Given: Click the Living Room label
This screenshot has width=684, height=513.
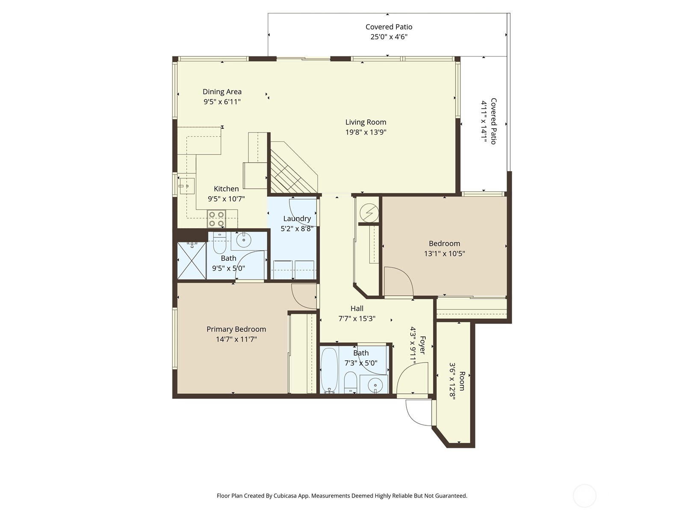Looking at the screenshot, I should (366, 122).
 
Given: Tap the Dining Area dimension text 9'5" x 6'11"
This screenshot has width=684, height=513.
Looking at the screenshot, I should (222, 102).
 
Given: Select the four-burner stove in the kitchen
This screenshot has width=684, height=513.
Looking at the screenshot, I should (216, 219).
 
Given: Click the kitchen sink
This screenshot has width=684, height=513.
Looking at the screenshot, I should (186, 186).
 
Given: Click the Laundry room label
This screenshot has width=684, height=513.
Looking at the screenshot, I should (297, 218).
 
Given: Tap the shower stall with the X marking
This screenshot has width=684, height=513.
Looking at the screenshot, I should (192, 260).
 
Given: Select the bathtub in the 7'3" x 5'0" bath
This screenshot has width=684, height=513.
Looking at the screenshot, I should (329, 370).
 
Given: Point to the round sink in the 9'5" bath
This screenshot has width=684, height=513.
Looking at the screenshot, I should (244, 240).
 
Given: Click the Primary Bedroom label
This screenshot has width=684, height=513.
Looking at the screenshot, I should (236, 329).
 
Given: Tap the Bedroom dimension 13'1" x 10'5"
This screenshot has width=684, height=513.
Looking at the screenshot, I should (444, 254).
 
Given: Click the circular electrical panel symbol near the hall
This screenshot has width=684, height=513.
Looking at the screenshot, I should (369, 212).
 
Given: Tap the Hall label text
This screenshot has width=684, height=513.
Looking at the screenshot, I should (357, 308).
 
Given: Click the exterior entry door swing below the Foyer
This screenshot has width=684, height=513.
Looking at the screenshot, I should (418, 413).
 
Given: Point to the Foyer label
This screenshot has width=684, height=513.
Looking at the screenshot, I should (422, 345).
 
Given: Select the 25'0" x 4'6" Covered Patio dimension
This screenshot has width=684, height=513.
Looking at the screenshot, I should (389, 37).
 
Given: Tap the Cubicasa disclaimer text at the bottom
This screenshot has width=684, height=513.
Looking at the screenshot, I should (342, 496).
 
